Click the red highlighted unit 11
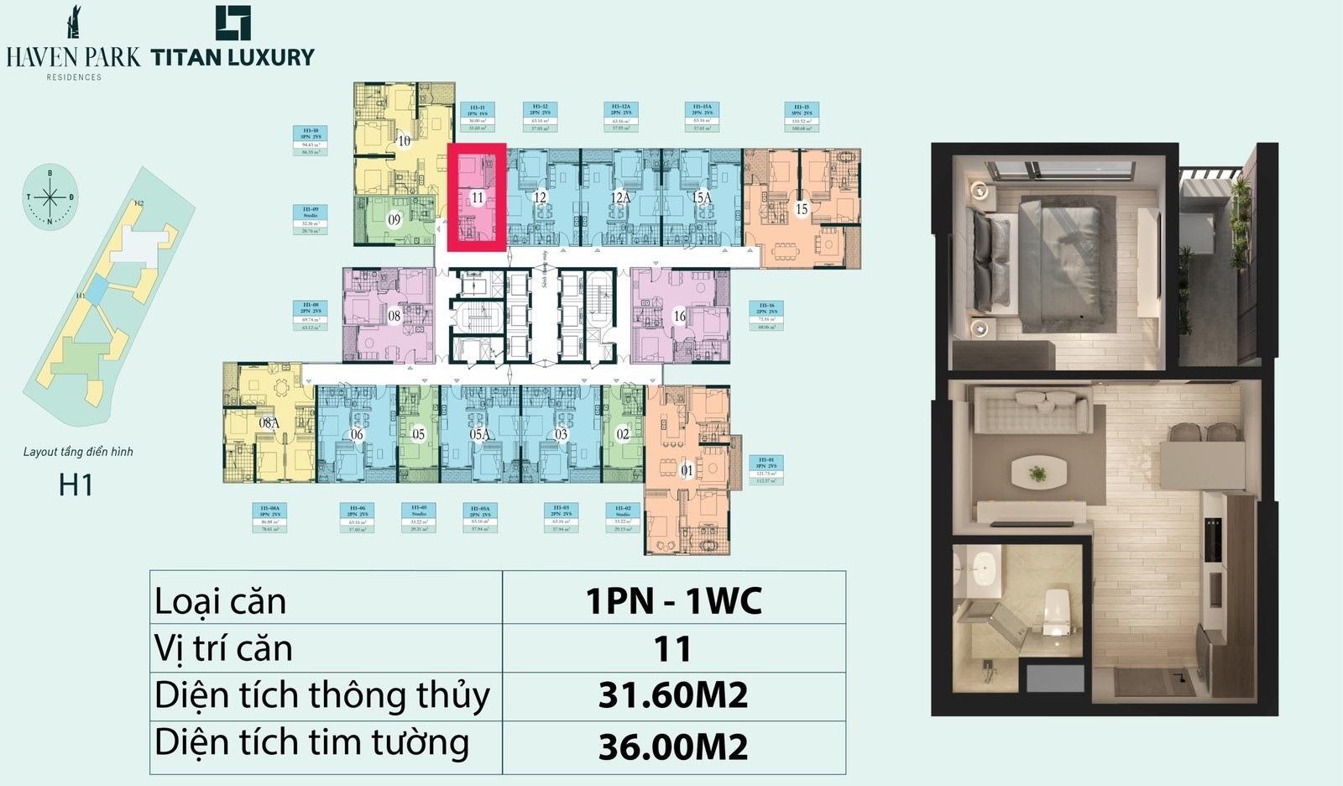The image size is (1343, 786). pos(476,198)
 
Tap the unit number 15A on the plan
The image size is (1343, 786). pos(702,197)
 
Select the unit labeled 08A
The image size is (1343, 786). pos(269,423)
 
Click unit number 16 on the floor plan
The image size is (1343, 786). pos(680,316)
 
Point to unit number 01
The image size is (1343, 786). pos(687,471)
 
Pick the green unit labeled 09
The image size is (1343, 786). pos(394,219)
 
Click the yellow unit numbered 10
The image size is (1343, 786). pos(404,140)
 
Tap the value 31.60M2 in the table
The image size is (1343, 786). pos(672,695)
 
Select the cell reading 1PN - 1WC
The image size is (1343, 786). pos(672,600)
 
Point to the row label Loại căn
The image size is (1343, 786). pos(221,601)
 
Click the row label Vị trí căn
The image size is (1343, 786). pos(224,648)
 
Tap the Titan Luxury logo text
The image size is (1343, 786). pos(233,57)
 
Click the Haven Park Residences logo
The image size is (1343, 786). pos(73,47)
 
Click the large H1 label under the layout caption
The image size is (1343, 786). pos(76,485)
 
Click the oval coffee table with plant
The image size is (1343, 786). pos(1038,472)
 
